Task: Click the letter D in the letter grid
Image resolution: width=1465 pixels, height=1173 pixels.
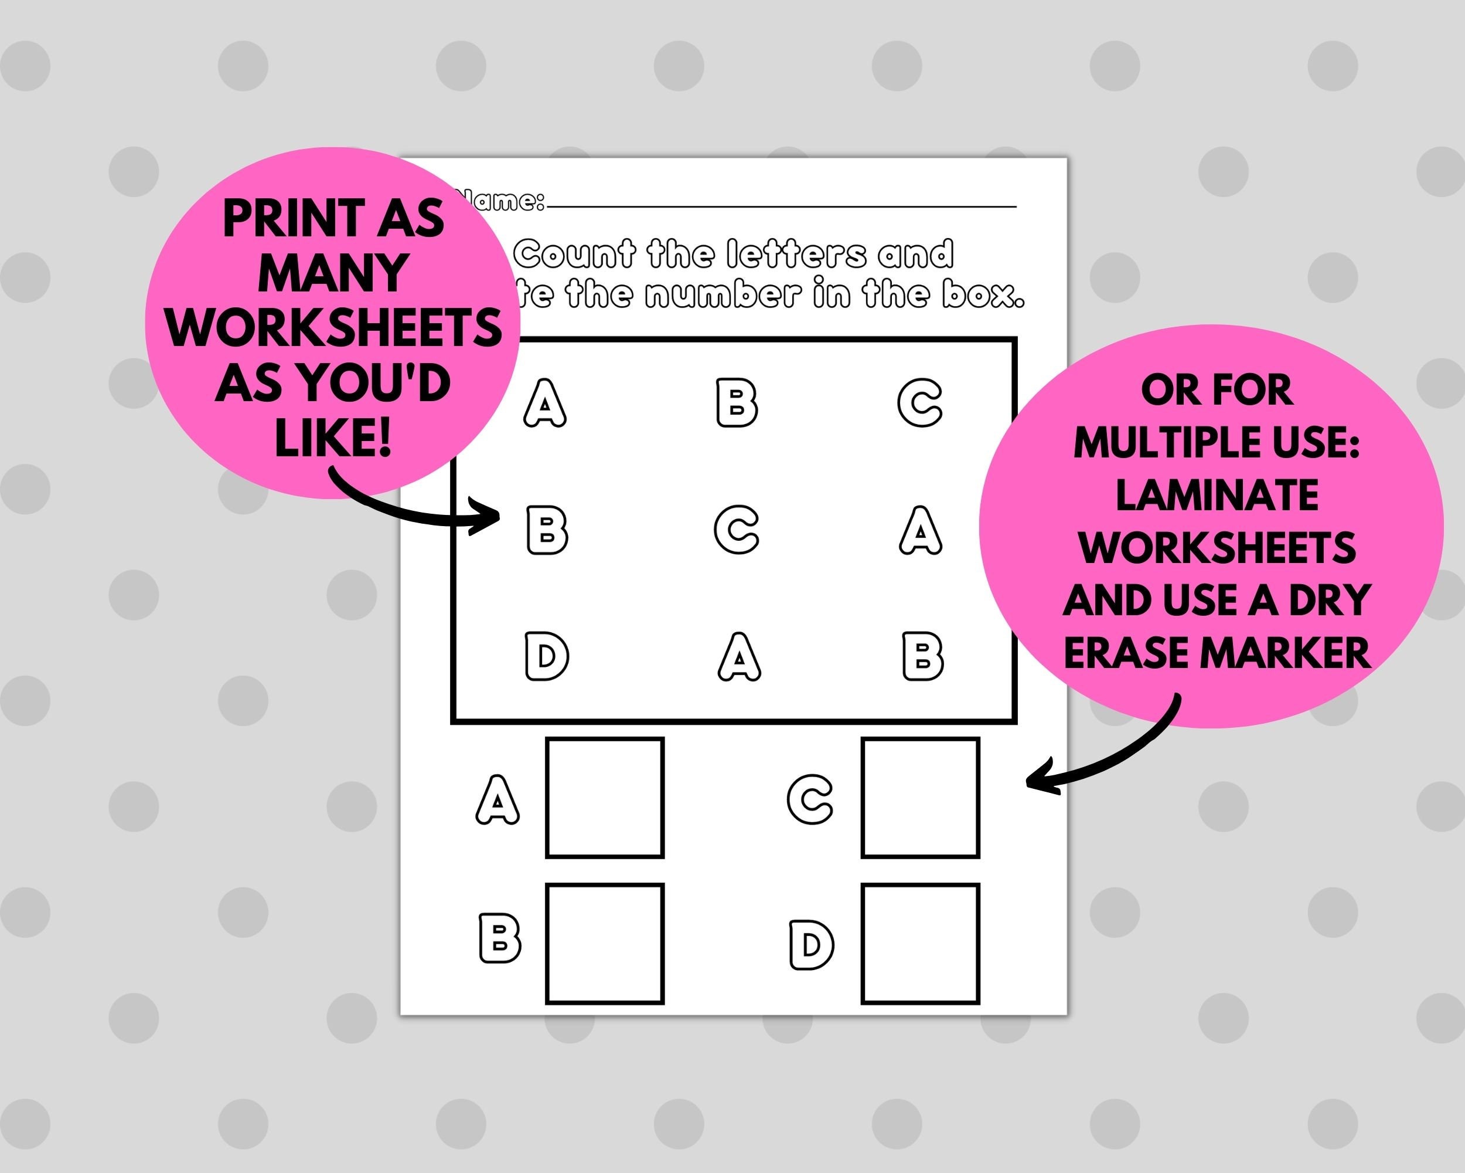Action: point(546,656)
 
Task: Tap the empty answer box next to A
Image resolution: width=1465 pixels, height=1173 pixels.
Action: point(604,797)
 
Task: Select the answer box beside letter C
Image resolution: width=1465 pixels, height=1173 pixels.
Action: point(920,797)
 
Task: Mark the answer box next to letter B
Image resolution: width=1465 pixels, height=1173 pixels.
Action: point(604,943)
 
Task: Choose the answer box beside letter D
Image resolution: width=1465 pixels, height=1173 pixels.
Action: point(920,943)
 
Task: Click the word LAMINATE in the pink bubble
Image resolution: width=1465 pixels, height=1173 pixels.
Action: point(1217,495)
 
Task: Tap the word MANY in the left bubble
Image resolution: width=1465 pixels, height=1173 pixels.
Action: point(332,273)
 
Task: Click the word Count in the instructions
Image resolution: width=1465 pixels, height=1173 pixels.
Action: point(574,255)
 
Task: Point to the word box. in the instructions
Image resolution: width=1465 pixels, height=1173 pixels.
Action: point(983,294)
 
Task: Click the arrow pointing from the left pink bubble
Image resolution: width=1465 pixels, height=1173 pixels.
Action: point(414,507)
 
